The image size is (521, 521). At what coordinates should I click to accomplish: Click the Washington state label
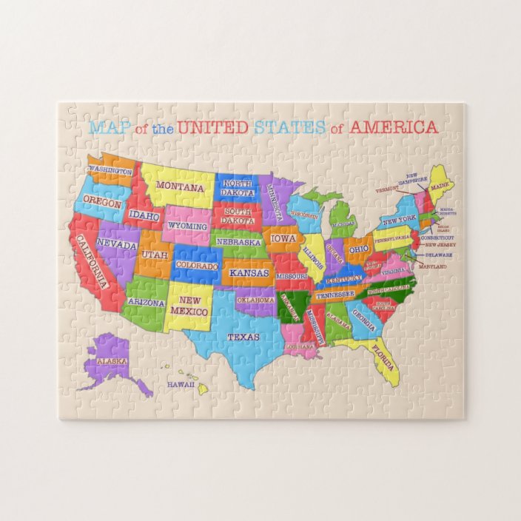coord(110,171)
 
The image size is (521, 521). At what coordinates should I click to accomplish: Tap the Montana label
coord(181,187)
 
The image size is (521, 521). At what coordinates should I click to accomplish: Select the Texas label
coord(243,337)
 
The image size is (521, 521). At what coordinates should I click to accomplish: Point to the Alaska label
coord(112,361)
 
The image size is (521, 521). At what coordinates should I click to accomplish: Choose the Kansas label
coord(249,273)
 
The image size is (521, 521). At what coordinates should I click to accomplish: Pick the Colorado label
coord(198,265)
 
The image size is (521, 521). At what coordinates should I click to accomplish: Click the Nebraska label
coord(239,242)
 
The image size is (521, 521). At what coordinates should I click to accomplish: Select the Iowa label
coord(283,239)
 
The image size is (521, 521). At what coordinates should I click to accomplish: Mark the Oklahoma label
coord(256,300)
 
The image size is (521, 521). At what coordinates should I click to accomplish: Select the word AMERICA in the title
coord(393,127)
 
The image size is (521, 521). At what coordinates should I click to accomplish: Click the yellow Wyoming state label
coord(188,225)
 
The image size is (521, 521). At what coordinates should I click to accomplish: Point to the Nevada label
coord(118,244)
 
